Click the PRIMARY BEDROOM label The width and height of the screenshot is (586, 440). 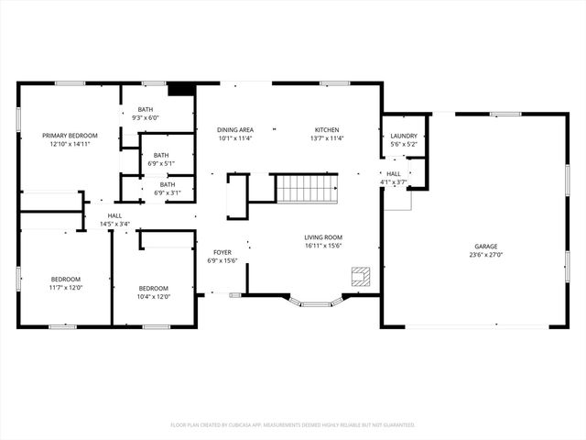[70, 135]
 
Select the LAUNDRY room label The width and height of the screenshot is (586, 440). [404, 136]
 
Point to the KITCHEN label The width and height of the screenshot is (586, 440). [327, 129]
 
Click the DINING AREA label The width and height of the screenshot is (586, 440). [235, 129]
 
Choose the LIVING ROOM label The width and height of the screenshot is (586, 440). [323, 237]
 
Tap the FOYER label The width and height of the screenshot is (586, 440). [222, 252]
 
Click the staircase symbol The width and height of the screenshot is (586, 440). [308, 188]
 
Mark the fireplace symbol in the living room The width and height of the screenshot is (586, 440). [362, 276]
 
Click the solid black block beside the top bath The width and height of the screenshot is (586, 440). [182, 89]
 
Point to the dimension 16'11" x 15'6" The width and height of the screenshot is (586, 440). [323, 246]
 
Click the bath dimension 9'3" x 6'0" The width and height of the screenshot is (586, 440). [146, 117]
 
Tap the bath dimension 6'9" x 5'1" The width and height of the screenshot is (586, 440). [161, 163]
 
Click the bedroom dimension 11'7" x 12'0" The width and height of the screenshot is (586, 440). [66, 287]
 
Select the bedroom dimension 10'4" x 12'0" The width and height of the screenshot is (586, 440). [154, 296]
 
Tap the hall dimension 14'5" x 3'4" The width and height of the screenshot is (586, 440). [114, 224]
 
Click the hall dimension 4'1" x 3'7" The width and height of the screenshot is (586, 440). [394, 181]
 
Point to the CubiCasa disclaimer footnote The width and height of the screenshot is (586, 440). [293, 424]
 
